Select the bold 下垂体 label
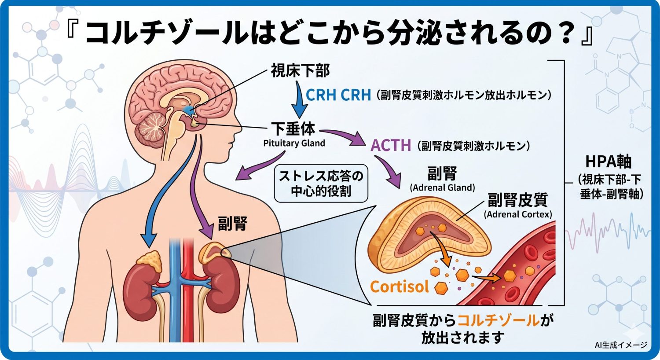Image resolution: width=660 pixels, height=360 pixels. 293,129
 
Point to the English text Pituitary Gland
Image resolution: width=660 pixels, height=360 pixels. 294,143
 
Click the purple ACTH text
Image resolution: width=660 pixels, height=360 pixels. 391,145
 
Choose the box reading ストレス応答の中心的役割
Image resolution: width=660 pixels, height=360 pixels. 321,184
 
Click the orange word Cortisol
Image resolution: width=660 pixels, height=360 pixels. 399,287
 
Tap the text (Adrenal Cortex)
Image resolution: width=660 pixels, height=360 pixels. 518,215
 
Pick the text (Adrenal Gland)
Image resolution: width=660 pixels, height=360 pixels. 442,188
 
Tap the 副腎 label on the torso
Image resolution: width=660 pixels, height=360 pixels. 232,224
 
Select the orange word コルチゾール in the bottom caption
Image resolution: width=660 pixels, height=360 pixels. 499,320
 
